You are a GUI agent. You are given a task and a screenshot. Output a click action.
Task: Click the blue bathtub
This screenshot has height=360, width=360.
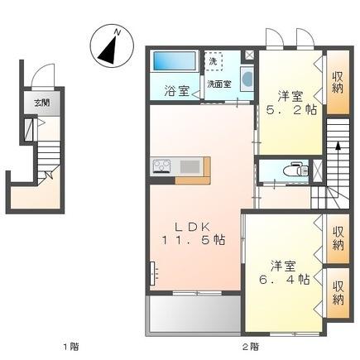coord(174,62)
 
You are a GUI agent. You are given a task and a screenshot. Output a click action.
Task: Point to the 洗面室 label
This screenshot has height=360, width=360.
coord(219,84)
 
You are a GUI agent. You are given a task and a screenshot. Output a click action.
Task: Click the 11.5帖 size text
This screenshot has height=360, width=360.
coord(194,241)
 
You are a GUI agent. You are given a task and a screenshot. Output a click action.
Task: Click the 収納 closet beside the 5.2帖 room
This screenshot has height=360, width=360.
coord(337,83)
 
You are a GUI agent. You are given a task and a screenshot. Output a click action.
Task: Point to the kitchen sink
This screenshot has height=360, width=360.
coord(190,166)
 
